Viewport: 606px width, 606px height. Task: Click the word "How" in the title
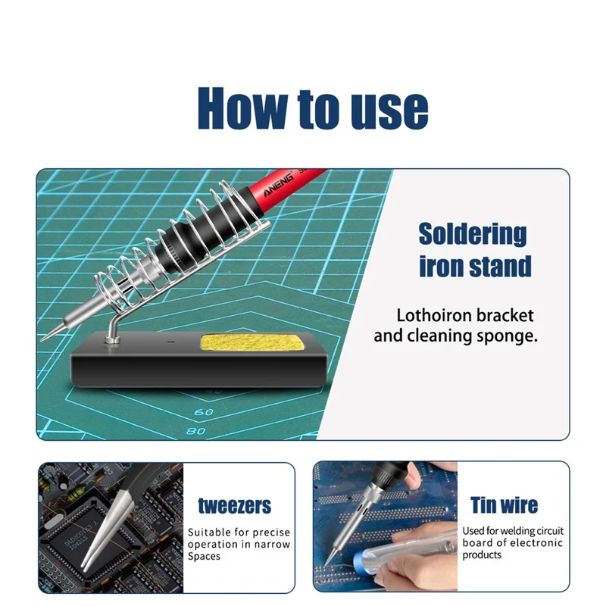(240, 108)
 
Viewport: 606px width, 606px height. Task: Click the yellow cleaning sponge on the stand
(248, 345)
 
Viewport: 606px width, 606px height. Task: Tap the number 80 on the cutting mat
(195, 431)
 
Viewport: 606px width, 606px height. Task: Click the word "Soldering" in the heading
(473, 234)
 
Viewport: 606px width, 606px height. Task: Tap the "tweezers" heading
(234, 506)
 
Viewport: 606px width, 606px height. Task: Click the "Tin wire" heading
(504, 505)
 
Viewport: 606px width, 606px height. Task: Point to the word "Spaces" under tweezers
(205, 557)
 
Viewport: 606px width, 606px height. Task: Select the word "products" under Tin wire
(482, 555)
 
